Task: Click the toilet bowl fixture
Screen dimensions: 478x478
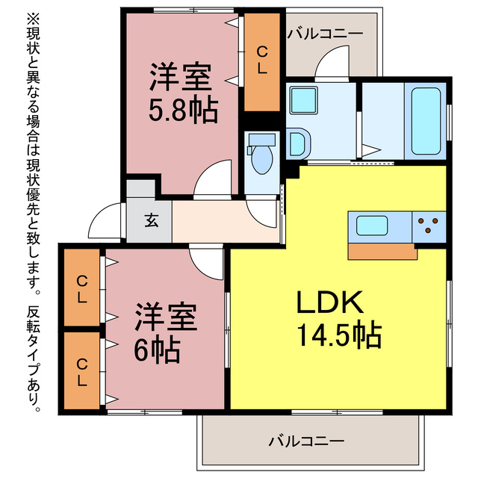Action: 261,155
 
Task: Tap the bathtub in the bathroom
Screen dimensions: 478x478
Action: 426,121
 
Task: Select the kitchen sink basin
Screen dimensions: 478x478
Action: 372,226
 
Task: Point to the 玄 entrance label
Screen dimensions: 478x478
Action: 152,220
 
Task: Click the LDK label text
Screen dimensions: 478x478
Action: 330,302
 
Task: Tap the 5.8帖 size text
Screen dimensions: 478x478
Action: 184,110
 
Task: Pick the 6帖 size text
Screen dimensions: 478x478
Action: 157,349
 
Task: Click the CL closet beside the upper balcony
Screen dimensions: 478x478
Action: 262,62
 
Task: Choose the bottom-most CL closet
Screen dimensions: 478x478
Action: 81,370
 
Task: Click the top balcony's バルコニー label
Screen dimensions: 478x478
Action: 326,34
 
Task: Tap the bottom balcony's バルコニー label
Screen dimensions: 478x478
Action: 306,441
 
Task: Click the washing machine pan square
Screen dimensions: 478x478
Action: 304,100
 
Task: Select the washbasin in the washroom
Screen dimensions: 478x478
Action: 298,143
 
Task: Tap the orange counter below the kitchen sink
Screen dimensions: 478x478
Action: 382,252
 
